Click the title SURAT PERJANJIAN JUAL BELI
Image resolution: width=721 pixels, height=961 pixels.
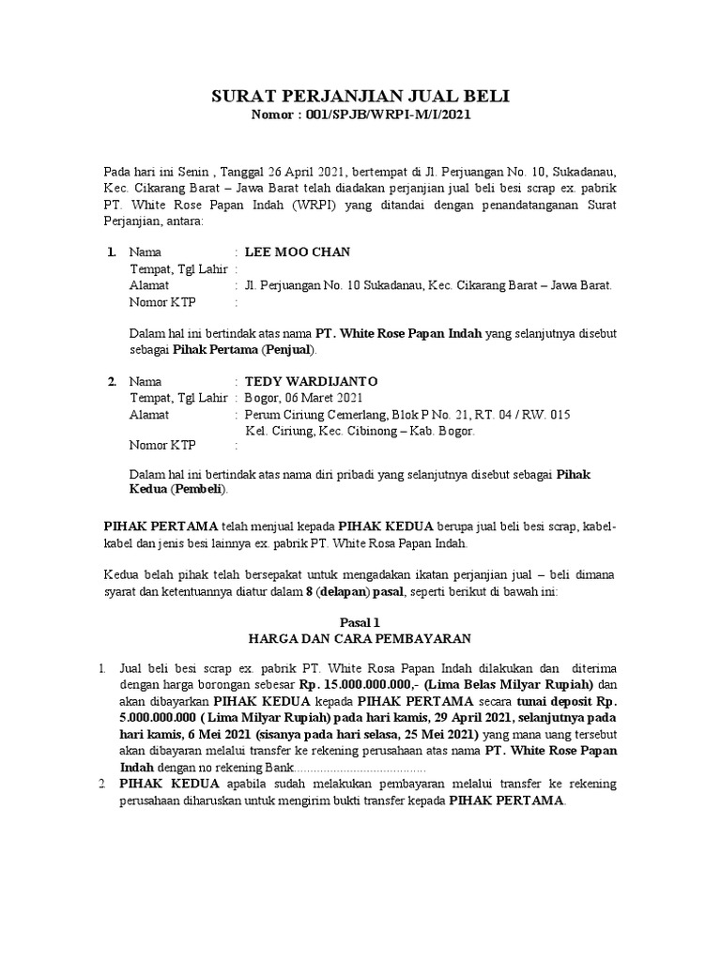[360, 97]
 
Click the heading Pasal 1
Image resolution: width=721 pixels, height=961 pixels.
[360, 622]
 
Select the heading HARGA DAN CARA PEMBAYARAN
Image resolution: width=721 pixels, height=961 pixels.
[360, 639]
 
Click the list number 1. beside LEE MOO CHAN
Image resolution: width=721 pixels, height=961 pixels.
[111, 252]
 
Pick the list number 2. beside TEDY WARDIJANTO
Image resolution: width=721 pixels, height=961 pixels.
[111, 382]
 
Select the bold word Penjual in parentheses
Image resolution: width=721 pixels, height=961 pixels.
[291, 350]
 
